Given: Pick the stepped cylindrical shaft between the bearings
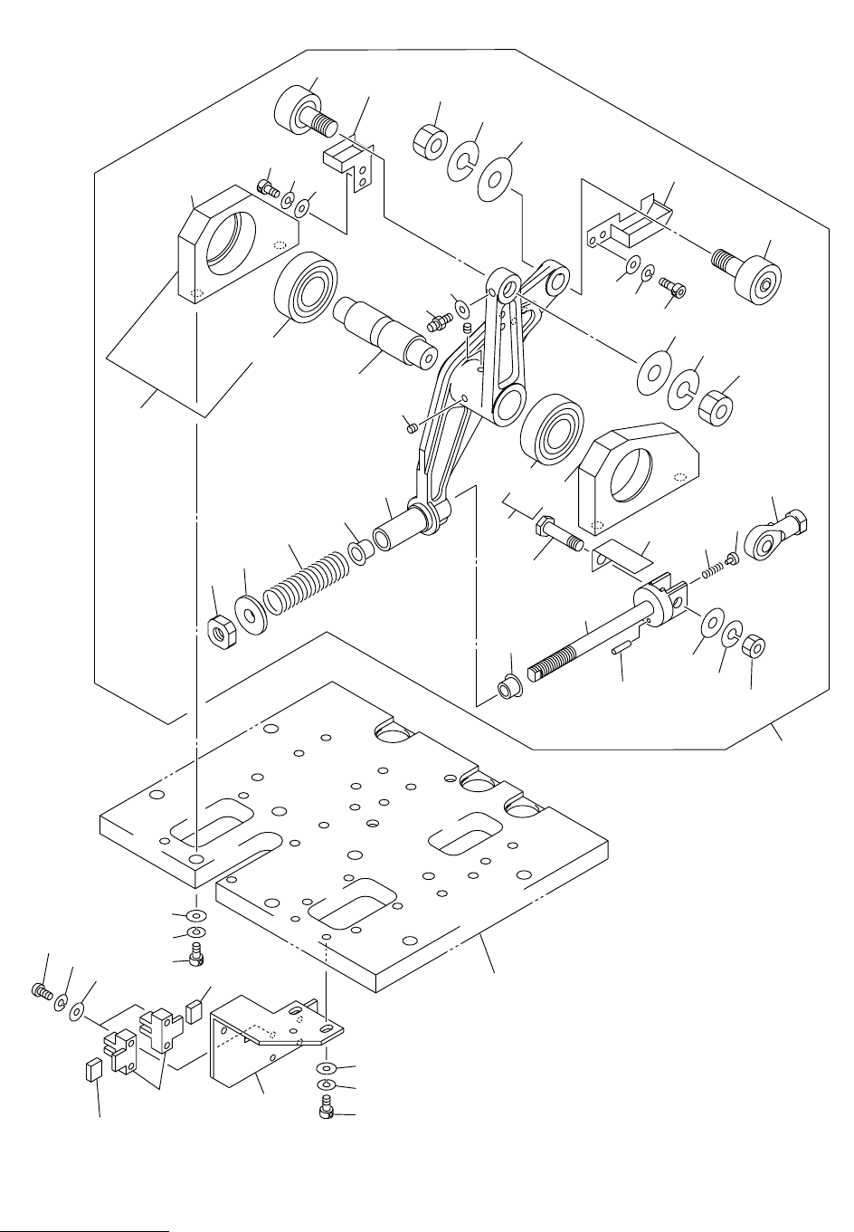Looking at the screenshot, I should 384,330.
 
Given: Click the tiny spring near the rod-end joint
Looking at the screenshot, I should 715,569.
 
